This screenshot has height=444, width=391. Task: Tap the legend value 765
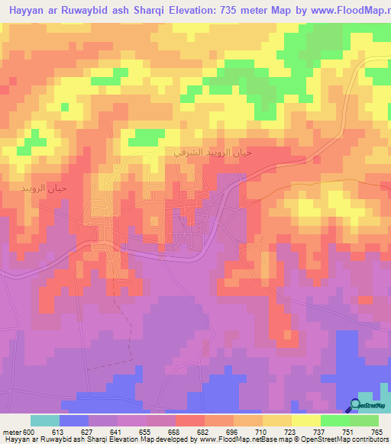click(376, 430)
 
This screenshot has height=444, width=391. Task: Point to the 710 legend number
click(242, 430)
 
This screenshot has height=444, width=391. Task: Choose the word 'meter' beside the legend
click(10, 430)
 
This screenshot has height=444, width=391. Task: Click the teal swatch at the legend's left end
click(44, 420)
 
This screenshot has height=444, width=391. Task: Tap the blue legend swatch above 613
click(74, 420)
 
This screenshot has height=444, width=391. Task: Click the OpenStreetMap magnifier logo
click(354, 405)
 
